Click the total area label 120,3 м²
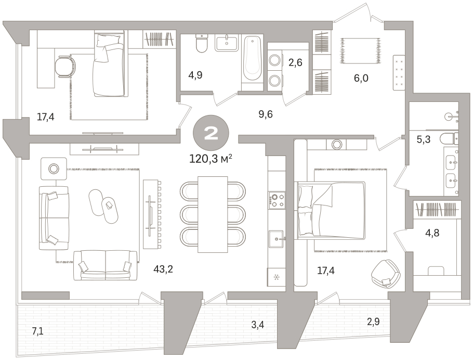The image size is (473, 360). tap(211, 159)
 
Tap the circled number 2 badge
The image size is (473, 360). tap(211, 133)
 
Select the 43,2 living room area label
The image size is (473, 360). tap(163, 269)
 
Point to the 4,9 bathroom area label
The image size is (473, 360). tap(195, 75)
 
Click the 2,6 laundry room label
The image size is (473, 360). tap(295, 62)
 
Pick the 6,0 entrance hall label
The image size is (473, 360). tap(361, 78)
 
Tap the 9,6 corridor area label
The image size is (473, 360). tap(266, 114)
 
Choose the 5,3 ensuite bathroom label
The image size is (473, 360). tap(423, 139)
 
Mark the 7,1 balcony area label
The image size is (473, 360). tap(38, 331)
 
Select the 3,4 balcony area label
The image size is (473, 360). tap(258, 325)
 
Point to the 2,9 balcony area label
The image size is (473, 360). tap(373, 322)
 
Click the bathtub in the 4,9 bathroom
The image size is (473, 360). tap(252, 59)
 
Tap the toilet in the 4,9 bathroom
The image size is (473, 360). tap(202, 43)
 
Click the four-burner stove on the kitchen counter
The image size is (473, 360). tap(277, 200)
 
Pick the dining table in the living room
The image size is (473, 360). tap(213, 214)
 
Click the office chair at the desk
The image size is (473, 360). tap(65, 67)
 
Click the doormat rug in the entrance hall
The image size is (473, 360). tap(360, 51)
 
